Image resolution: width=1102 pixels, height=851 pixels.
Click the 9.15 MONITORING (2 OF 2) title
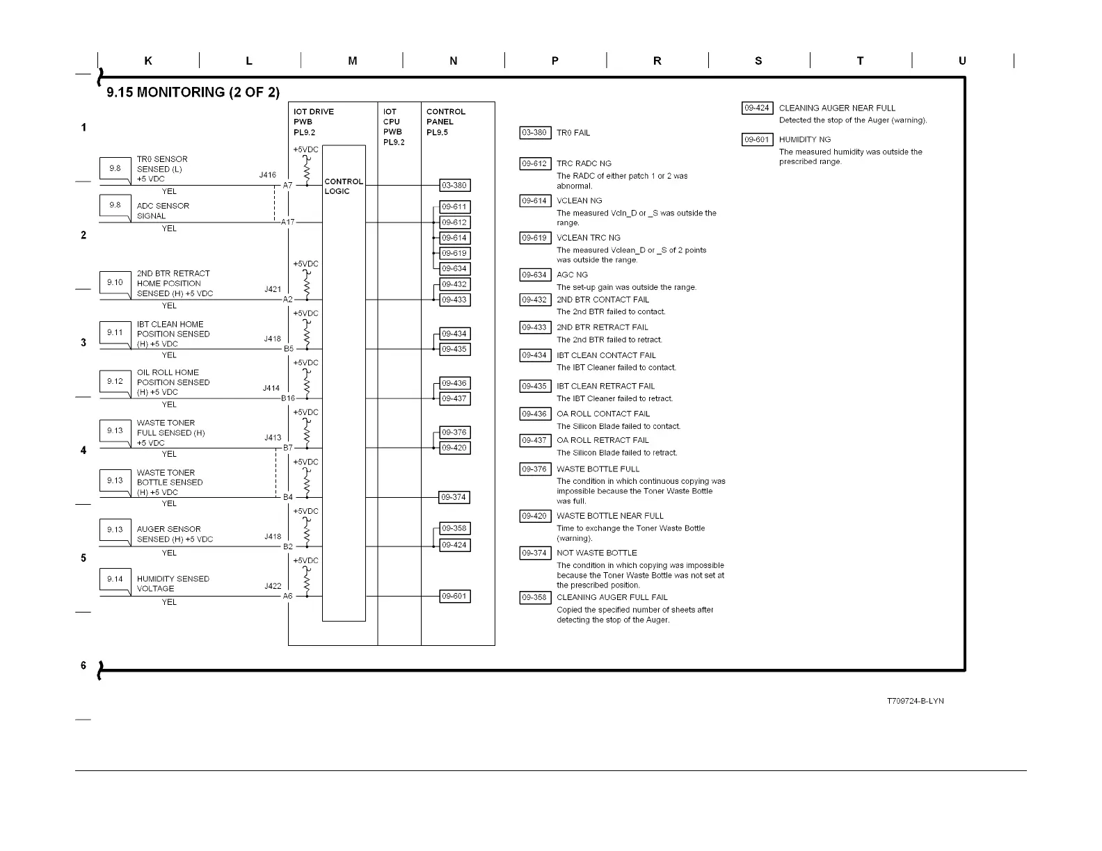tap(193, 92)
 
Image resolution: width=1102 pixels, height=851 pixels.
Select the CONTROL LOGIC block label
tap(344, 186)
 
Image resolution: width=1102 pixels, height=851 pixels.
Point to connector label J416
tap(267, 176)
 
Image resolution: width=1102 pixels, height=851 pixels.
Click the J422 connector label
tap(273, 586)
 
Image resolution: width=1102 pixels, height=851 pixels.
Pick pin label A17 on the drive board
tap(287, 222)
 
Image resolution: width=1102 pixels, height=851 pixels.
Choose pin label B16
tap(288, 398)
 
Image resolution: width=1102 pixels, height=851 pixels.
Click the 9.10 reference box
tap(115, 282)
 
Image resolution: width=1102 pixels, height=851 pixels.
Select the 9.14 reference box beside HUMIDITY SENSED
tap(115, 579)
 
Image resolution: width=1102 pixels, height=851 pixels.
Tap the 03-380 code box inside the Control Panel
tap(454, 186)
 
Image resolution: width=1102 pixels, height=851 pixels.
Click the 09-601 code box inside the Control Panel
tap(454, 597)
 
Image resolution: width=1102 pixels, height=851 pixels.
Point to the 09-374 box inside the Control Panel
tap(454, 497)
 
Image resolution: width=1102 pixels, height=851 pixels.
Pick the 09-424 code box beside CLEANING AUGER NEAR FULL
tap(757, 108)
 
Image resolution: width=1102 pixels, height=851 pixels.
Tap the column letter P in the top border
tap(555, 61)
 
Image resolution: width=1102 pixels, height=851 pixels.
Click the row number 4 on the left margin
tap(83, 450)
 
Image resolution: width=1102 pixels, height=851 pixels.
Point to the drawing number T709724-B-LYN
tap(915, 701)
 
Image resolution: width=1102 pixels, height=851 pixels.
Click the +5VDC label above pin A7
tap(305, 149)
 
